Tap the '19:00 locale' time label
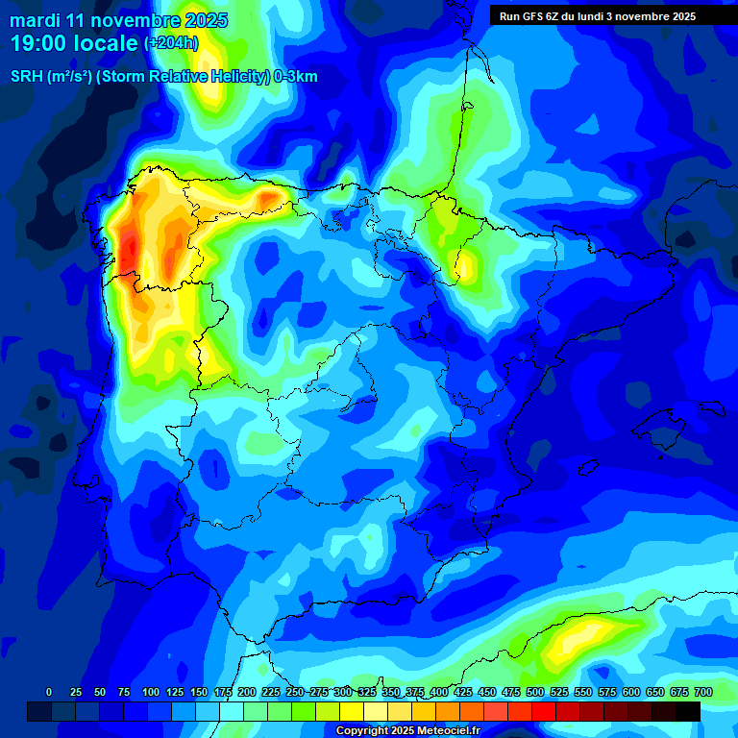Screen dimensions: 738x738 pyautogui.click(x=75, y=43)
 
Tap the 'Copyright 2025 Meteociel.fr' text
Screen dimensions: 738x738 pyautogui.click(x=407, y=731)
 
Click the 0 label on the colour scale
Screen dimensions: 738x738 pyautogui.click(x=49, y=692)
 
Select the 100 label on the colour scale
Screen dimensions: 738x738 pyautogui.click(x=151, y=692)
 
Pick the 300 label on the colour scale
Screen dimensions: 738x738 pyautogui.click(x=343, y=692)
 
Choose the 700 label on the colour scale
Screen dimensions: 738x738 pyautogui.click(x=703, y=692)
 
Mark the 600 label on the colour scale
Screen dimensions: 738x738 pyautogui.click(x=631, y=692)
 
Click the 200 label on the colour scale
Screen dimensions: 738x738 pyautogui.click(x=247, y=692)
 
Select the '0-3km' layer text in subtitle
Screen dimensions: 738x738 pyautogui.click(x=296, y=77)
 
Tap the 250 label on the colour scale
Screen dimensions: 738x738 pyautogui.click(x=295, y=692)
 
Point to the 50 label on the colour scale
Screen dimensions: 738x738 pyautogui.click(x=100, y=692)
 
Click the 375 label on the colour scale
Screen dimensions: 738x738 pyautogui.click(x=415, y=692)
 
